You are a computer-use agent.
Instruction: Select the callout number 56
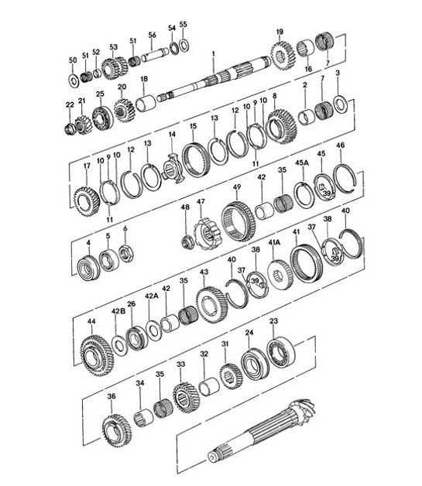click(x=153, y=36)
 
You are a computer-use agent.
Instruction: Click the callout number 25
click(x=100, y=94)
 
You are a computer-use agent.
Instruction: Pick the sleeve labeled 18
click(x=146, y=102)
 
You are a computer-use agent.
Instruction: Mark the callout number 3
click(x=338, y=74)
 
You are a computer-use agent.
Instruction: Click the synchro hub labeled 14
click(x=173, y=168)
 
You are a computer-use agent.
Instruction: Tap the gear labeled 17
click(x=86, y=200)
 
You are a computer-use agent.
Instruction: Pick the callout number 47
click(x=200, y=203)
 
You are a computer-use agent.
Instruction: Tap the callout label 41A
click(x=275, y=242)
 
